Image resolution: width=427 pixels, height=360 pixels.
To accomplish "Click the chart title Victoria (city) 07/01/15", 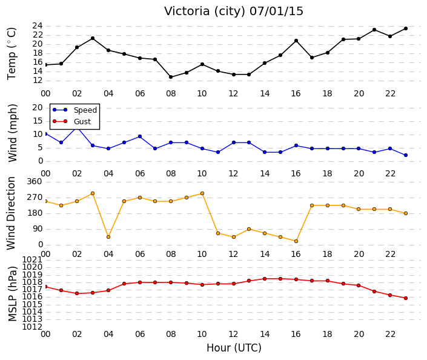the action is pyautogui.click(x=234, y=12).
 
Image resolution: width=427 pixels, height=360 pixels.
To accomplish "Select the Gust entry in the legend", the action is pyautogui.click(x=71, y=121).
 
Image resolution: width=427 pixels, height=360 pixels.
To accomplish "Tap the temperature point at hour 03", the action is pyautogui.click(x=93, y=38).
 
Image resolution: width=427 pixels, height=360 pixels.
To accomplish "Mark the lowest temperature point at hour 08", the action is pyautogui.click(x=171, y=77).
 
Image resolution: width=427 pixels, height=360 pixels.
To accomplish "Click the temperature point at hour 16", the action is pyautogui.click(x=296, y=41).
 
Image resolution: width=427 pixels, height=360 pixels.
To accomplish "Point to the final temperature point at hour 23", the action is pyautogui.click(x=406, y=28).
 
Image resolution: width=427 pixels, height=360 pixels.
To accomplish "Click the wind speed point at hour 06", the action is pyautogui.click(x=140, y=136).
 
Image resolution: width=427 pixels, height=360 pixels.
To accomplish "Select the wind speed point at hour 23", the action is pyautogui.click(x=406, y=155).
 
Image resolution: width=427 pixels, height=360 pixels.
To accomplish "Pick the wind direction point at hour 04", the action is pyautogui.click(x=108, y=237).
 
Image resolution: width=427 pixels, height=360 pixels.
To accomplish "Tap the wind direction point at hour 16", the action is pyautogui.click(x=296, y=241).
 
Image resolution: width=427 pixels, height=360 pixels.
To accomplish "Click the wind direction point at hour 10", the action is pyautogui.click(x=202, y=193).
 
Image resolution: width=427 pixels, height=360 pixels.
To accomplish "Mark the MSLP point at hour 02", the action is pyautogui.click(x=77, y=293).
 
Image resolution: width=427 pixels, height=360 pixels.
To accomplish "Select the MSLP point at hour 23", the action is pyautogui.click(x=406, y=298).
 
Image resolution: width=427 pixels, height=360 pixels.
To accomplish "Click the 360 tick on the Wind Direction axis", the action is pyautogui.click(x=35, y=181).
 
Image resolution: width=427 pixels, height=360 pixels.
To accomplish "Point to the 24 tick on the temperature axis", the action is pyautogui.click(x=38, y=26).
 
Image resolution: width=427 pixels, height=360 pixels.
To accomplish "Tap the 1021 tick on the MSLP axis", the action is pyautogui.click(x=32, y=259).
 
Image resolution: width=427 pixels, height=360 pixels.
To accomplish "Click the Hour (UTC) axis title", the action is pyautogui.click(x=234, y=348).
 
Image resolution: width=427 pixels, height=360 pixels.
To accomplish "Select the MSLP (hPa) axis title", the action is pyautogui.click(x=13, y=293).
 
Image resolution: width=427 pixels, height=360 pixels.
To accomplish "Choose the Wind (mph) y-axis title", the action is pyautogui.click(x=13, y=133).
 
